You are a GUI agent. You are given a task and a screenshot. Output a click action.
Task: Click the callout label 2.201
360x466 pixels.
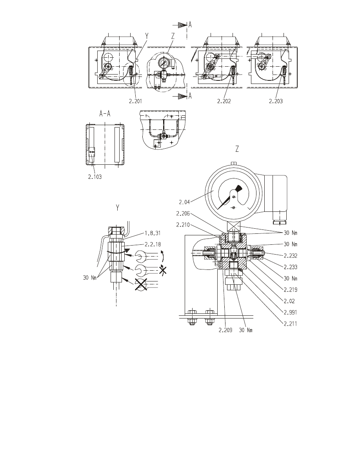pyautogui.click(x=135, y=101)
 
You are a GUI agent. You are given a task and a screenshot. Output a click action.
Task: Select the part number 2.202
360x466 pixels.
pyautogui.click(x=224, y=101)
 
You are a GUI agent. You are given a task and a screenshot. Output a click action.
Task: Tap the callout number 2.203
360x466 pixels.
pyautogui.click(x=276, y=101)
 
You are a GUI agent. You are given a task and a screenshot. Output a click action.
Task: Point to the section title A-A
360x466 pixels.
pyautogui.click(x=105, y=113)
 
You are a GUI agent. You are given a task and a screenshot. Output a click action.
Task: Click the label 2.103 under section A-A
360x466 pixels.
pyautogui.click(x=95, y=177)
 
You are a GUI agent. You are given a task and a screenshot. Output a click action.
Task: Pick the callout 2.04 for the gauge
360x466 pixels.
pyautogui.click(x=184, y=202)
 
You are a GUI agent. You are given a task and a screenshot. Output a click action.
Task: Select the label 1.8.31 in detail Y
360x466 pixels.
pyautogui.click(x=153, y=233)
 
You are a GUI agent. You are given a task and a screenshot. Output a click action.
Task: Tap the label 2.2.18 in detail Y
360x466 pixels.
pyautogui.click(x=153, y=244)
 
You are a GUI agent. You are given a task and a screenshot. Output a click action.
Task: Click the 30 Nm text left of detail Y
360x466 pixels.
pyautogui.click(x=90, y=278)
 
